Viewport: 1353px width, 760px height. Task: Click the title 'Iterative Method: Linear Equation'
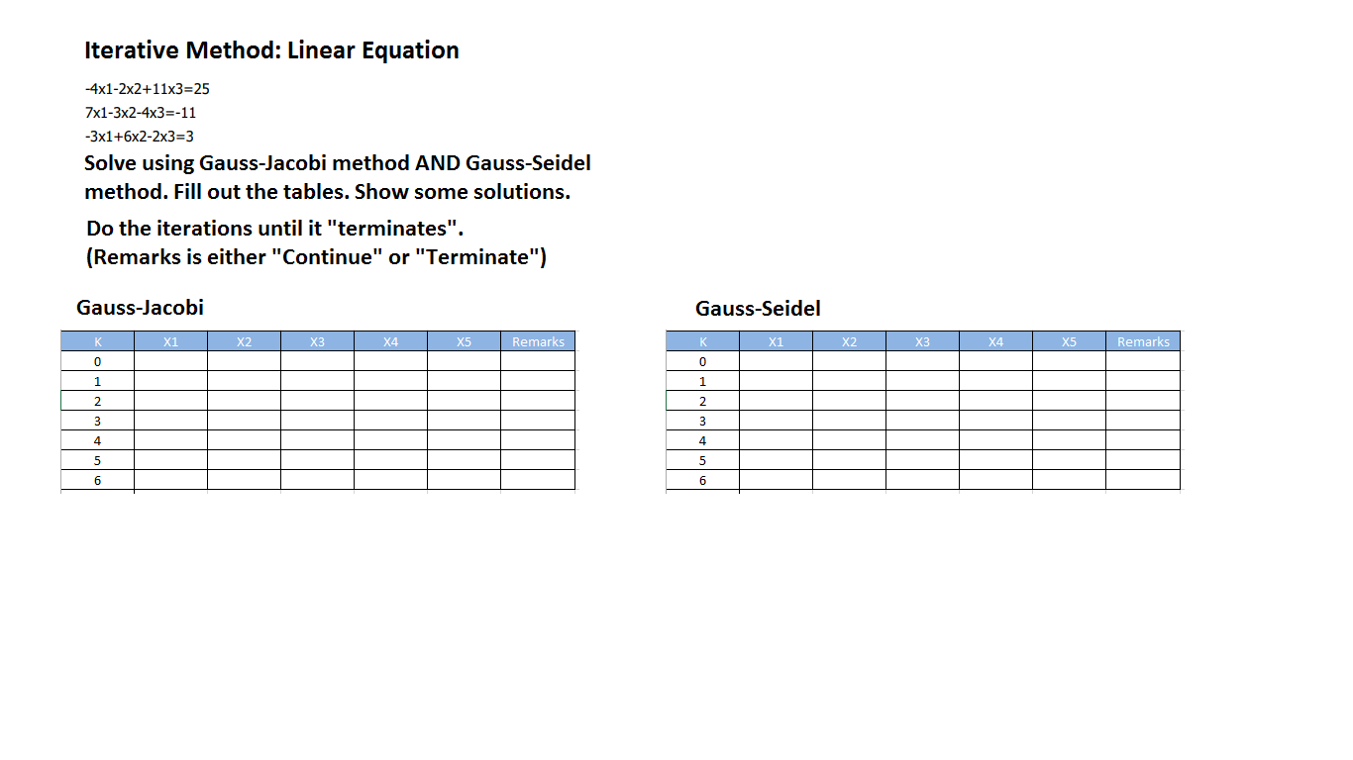click(271, 50)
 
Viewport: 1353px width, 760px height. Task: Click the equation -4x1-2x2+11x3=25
click(147, 89)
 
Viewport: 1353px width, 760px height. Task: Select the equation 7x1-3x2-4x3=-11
click(141, 113)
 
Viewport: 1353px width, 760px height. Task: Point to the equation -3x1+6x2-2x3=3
click(139, 137)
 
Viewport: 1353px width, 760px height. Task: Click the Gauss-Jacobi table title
click(140, 308)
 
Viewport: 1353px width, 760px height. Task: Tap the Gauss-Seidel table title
click(758, 309)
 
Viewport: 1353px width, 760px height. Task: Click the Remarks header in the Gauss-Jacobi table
click(538, 341)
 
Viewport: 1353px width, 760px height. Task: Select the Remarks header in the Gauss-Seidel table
click(1143, 341)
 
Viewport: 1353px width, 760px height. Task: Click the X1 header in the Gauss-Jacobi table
click(170, 341)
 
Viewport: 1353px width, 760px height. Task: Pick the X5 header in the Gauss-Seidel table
click(1069, 341)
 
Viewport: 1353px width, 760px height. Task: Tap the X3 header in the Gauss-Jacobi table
click(317, 341)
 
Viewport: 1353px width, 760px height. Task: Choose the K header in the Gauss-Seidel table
click(703, 341)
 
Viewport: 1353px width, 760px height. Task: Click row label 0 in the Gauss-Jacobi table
click(97, 361)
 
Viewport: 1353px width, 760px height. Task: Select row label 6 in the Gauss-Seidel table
click(703, 480)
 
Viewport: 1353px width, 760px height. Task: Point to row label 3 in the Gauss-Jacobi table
click(97, 421)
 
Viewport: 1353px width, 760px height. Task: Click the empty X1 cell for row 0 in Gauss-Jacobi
click(170, 361)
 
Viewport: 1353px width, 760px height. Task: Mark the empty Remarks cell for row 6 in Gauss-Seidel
click(1143, 480)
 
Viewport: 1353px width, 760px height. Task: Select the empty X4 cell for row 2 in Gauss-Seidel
click(995, 401)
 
